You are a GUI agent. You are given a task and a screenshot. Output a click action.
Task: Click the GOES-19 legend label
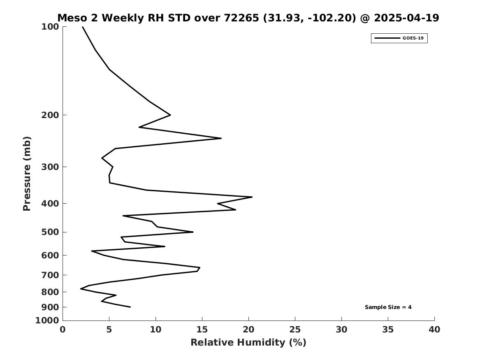tap(413, 38)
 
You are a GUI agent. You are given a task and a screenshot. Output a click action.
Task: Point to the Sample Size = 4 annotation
tap(388, 307)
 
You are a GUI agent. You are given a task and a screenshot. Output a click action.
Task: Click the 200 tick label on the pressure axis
tap(50, 115)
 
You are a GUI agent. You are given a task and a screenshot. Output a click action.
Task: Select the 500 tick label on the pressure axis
tap(50, 232)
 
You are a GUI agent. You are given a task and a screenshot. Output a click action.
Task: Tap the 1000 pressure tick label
tap(47, 321)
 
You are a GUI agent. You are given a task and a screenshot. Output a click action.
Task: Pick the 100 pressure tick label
tap(50, 27)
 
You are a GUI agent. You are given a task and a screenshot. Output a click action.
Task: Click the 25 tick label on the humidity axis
tap(295, 330)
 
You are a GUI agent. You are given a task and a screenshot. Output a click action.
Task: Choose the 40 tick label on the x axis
tap(434, 330)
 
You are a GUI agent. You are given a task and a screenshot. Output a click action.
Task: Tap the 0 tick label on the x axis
tap(63, 330)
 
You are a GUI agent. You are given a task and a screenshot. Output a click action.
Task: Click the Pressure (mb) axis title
tap(27, 174)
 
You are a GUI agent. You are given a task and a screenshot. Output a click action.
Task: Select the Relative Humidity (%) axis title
tap(248, 342)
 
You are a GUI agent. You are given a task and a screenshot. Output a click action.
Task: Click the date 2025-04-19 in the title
tap(406, 18)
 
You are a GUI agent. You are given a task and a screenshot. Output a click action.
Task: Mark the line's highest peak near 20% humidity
tap(252, 197)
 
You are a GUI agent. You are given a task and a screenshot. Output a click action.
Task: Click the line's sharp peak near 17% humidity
tap(221, 138)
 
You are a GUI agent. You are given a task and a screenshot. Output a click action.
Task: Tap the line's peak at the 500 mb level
tap(193, 232)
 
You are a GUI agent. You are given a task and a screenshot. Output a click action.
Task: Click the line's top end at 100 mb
tap(82, 27)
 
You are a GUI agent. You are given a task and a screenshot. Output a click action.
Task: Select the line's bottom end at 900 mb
tap(130, 307)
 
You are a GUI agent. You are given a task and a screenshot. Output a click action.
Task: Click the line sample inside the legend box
tap(387, 38)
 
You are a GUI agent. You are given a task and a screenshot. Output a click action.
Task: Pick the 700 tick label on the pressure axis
tap(50, 275)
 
